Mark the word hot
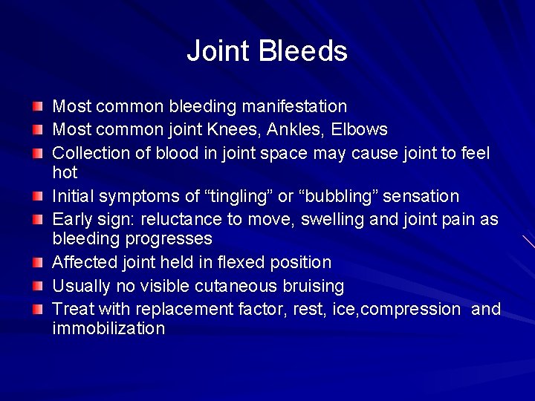pyautogui.click(x=65, y=172)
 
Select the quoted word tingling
pyautogui.click(x=236, y=197)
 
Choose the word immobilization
pyautogui.click(x=108, y=328)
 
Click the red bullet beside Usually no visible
pyautogui.click(x=38, y=285)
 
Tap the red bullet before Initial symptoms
pyautogui.click(x=38, y=196)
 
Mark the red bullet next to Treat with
pyautogui.click(x=38, y=308)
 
